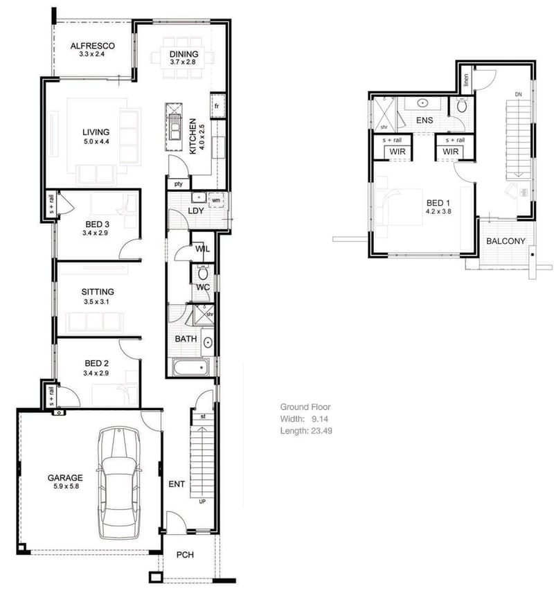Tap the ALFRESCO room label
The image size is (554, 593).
[x=92, y=46]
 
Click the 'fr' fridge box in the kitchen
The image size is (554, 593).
[x=217, y=106]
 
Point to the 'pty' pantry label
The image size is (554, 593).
[x=178, y=184]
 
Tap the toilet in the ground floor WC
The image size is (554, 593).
[x=203, y=272]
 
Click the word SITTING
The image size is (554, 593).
[x=97, y=292]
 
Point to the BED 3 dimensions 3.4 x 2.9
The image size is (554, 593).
[x=97, y=233]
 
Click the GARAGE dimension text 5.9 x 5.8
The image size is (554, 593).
[x=65, y=487]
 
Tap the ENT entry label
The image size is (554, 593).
[x=177, y=484]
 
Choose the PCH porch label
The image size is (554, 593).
[x=184, y=555]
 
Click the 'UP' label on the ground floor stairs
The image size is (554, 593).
[x=202, y=500]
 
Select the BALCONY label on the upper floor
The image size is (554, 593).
[x=506, y=241]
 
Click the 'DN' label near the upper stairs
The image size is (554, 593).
[x=518, y=94]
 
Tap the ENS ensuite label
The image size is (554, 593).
[x=424, y=121]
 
